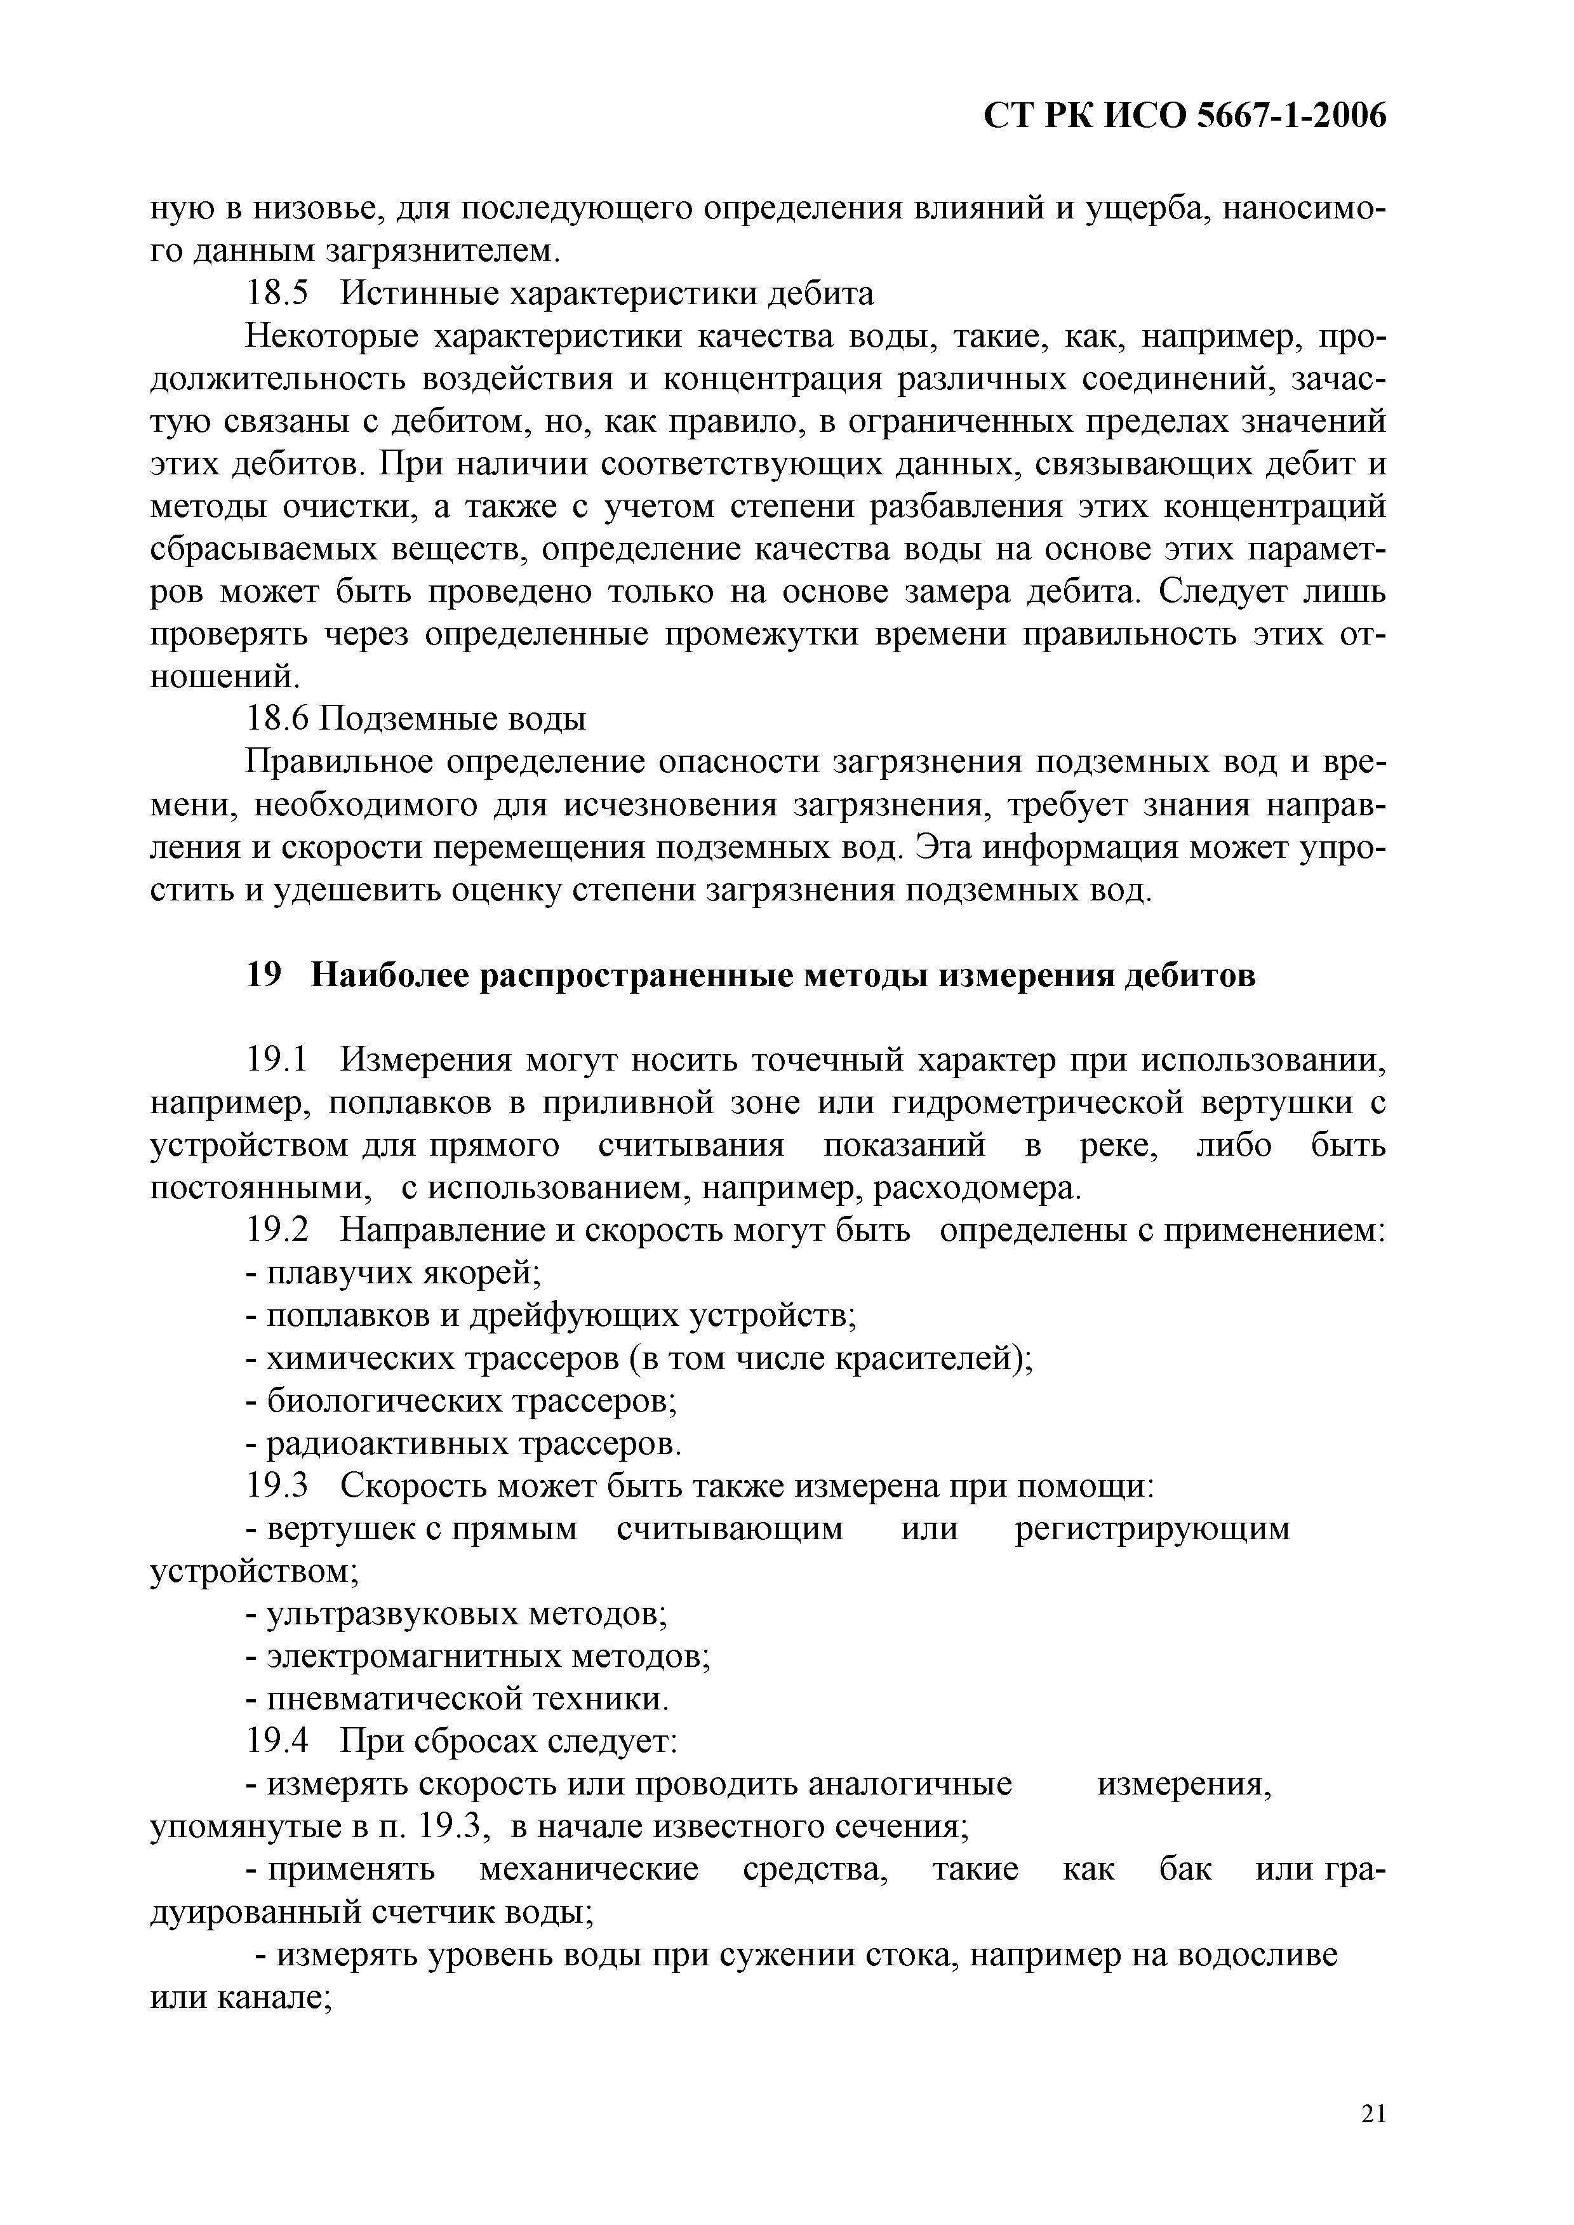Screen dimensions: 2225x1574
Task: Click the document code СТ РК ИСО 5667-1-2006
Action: [x=1184, y=116]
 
